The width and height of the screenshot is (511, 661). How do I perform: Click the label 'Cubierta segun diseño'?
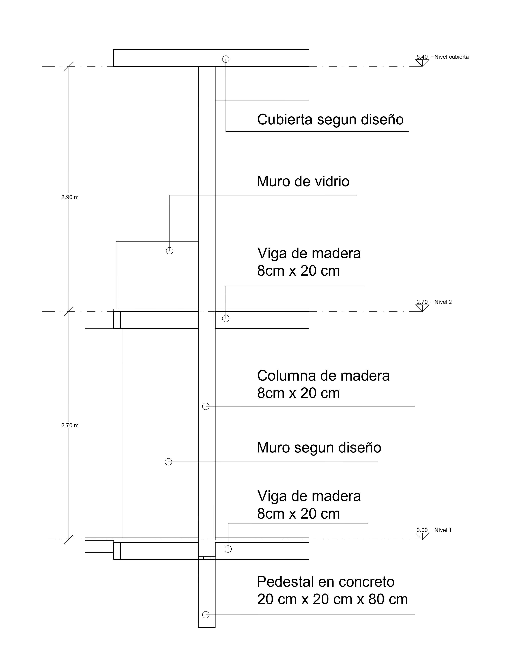(x=330, y=120)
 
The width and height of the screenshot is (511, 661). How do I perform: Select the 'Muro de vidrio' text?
(x=303, y=182)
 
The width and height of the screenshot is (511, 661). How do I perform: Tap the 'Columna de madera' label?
(x=323, y=376)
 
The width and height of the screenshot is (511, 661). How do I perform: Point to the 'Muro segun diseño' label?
(x=319, y=448)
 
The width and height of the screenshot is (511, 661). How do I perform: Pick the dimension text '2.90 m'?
(x=70, y=197)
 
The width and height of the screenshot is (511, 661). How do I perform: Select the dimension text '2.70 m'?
(x=70, y=425)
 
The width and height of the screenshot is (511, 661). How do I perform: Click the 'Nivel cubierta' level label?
(x=451, y=57)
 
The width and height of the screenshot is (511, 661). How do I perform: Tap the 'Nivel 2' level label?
(x=443, y=302)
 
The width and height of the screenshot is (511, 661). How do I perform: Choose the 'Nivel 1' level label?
(x=443, y=530)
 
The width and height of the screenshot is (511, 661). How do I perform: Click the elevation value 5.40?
(x=422, y=57)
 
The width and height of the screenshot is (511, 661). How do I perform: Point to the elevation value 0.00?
(x=422, y=530)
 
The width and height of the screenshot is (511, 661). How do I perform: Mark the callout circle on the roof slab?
(x=225, y=59)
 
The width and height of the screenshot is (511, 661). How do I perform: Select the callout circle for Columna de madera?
(x=206, y=406)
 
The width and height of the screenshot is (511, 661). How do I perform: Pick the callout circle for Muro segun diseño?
(x=168, y=462)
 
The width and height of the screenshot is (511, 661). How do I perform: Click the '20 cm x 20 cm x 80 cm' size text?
(x=332, y=599)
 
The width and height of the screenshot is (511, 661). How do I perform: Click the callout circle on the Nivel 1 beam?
(x=228, y=549)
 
